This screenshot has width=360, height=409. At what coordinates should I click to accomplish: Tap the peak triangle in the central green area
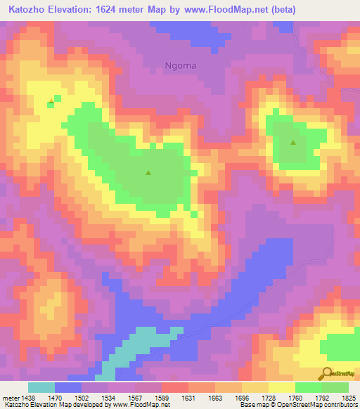click(148, 172)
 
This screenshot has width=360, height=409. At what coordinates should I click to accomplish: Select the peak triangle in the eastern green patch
click(293, 143)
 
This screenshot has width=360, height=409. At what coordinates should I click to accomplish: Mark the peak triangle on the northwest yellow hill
click(51, 101)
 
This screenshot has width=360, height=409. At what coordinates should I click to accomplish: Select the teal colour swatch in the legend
click(41, 387)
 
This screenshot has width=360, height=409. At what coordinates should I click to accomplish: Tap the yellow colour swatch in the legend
click(281, 387)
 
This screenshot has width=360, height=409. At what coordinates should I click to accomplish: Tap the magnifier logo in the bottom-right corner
click(327, 373)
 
